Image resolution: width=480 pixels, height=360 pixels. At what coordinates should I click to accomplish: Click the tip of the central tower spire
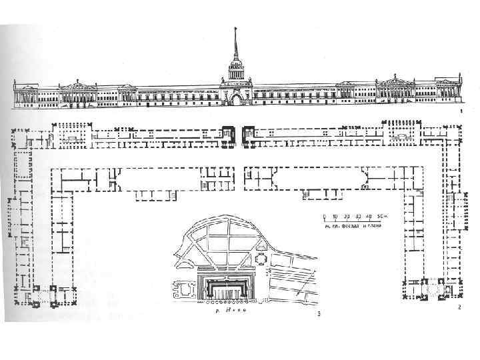coord(235,29)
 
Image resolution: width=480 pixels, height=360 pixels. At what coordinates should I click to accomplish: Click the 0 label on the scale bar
coord(324,217)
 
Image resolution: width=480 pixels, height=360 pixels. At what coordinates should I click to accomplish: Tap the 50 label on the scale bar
coord(379,217)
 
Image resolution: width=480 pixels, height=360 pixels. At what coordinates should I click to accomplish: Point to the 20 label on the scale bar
coord(346,217)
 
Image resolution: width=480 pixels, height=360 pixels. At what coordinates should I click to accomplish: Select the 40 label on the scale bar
coord(367,217)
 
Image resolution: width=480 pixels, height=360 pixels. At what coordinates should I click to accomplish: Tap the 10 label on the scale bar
coord(335,217)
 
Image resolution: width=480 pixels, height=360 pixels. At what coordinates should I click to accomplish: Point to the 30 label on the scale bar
coord(357,217)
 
